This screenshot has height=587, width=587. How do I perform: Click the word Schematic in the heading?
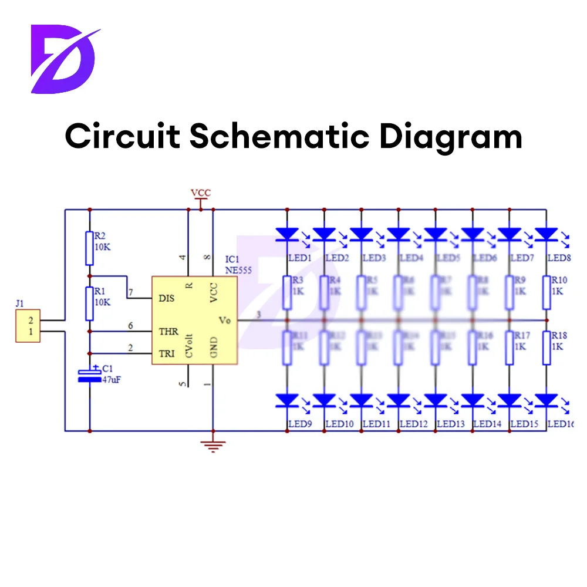(x=279, y=136)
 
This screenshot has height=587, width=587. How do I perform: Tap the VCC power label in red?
(x=200, y=193)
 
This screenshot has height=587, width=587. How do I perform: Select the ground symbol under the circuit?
(x=212, y=446)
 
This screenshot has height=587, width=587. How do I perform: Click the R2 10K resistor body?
(x=89, y=248)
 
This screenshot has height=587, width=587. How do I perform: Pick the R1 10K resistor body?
(x=89, y=303)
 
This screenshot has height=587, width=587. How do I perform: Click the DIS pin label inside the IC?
(x=167, y=298)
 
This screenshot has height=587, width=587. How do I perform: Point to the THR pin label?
(x=168, y=332)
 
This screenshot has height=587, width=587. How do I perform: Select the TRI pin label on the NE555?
(x=167, y=352)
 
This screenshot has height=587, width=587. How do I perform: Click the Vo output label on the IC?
(x=225, y=321)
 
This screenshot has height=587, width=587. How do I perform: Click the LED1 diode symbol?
(x=288, y=234)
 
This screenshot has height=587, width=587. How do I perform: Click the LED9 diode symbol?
(x=288, y=401)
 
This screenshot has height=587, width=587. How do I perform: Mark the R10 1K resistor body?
(x=546, y=292)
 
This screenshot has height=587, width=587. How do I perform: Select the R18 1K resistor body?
(x=546, y=348)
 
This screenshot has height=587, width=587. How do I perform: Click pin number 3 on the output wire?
(x=259, y=316)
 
